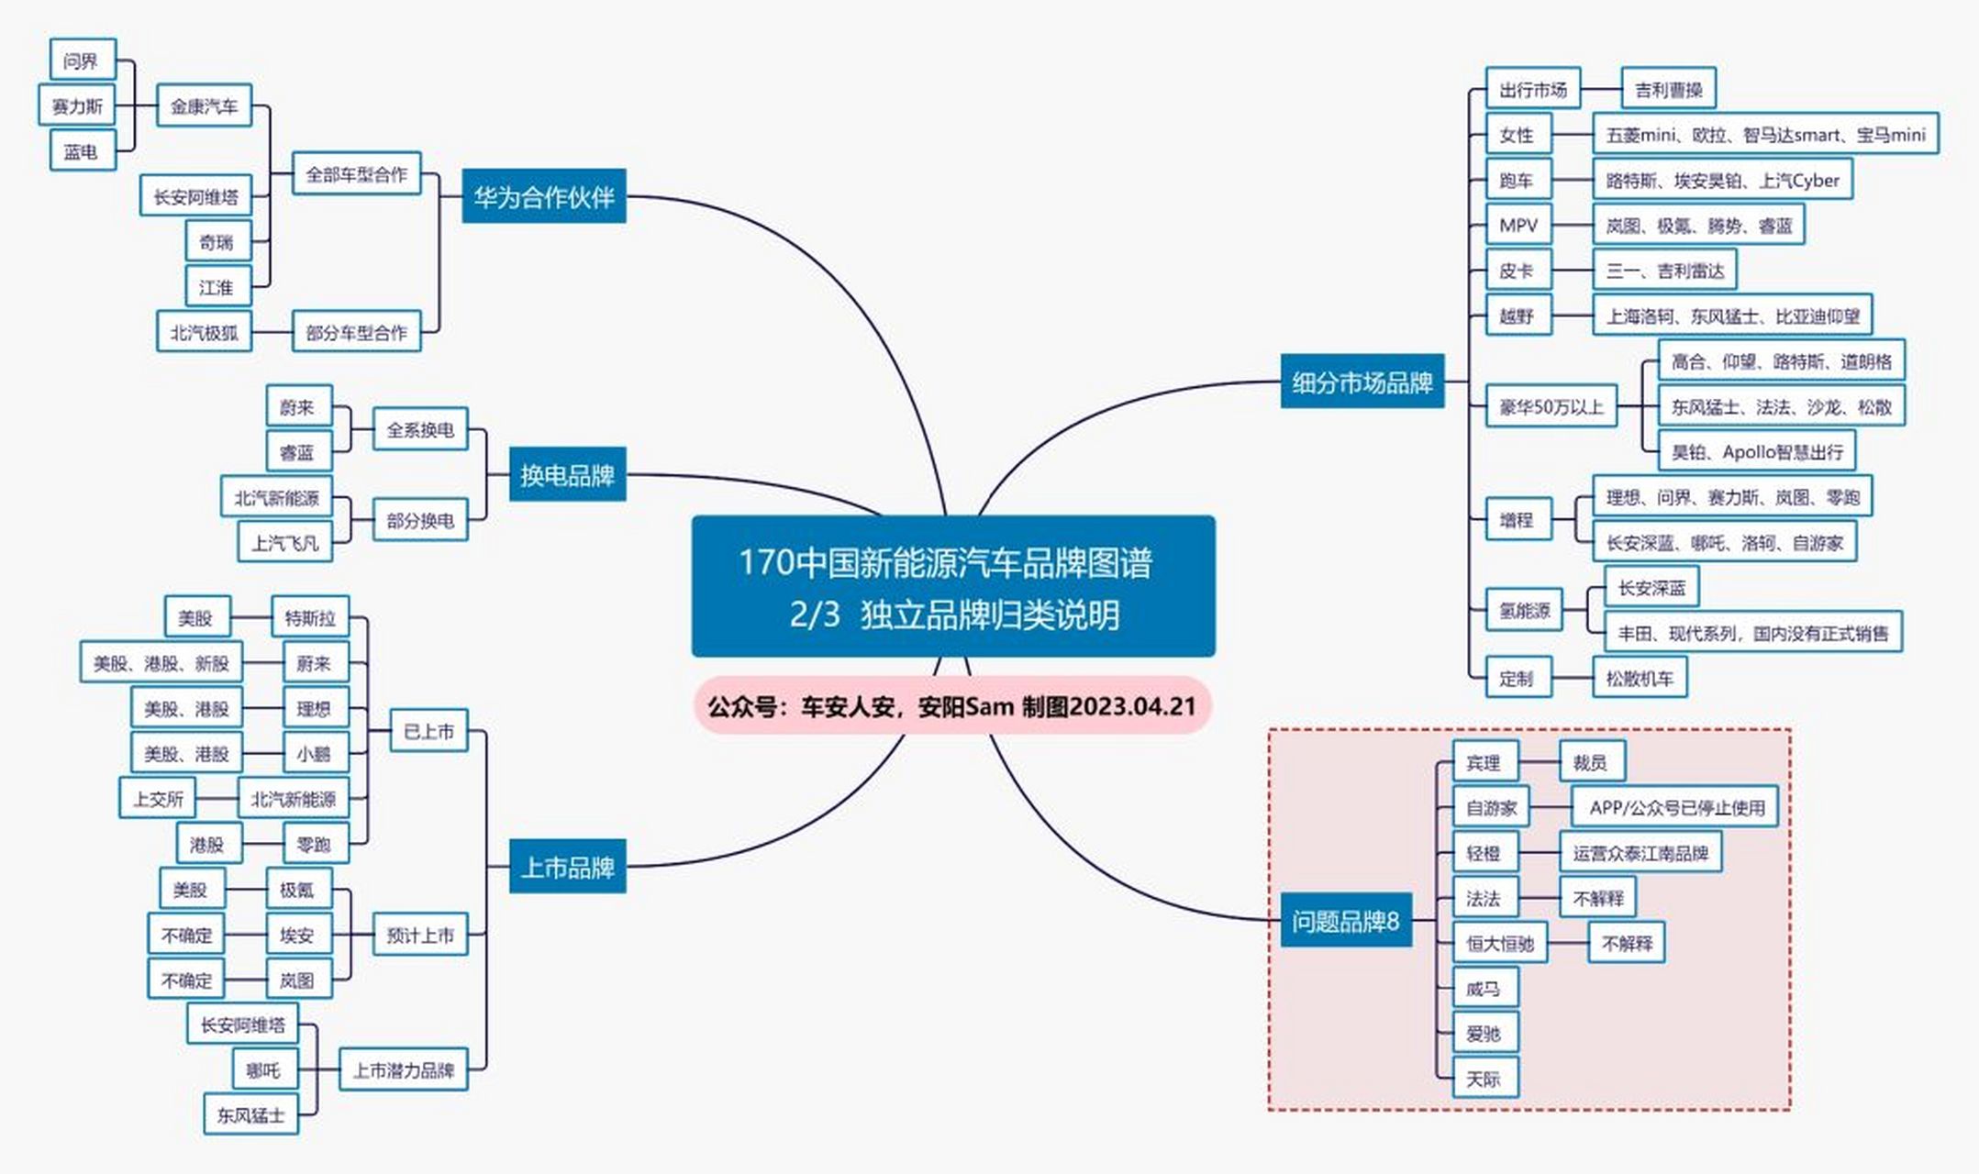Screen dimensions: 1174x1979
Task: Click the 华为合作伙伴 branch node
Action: [x=543, y=196]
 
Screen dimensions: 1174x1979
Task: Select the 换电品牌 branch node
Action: [x=567, y=475]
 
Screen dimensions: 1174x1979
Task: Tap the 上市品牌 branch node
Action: [x=567, y=867]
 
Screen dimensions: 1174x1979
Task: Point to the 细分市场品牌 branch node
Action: [x=1362, y=382]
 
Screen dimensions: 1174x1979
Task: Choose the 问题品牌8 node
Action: [x=1345, y=920]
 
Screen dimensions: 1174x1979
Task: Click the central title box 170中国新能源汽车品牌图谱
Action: [x=953, y=586]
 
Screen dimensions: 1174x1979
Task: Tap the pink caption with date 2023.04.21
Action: [x=952, y=706]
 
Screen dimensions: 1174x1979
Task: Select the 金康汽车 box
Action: [x=204, y=106]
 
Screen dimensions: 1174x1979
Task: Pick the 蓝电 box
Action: [x=82, y=151]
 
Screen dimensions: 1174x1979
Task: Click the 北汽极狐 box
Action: [x=204, y=332]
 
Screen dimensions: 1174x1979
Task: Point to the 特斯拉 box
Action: [x=310, y=617]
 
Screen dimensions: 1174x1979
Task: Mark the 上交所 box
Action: [x=158, y=799]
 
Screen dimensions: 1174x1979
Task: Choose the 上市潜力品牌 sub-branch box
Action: [x=404, y=1069]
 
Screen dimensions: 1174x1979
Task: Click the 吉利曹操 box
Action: [x=1668, y=90]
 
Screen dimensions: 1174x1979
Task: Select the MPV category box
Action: [x=1518, y=226]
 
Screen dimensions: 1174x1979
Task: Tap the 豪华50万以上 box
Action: [x=1551, y=406]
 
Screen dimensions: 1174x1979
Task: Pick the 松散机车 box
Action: [x=1640, y=679]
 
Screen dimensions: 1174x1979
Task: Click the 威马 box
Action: [x=1484, y=988]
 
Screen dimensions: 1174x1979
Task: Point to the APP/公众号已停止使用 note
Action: [x=1676, y=807]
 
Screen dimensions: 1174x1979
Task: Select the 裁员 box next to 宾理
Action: [x=1590, y=762]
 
